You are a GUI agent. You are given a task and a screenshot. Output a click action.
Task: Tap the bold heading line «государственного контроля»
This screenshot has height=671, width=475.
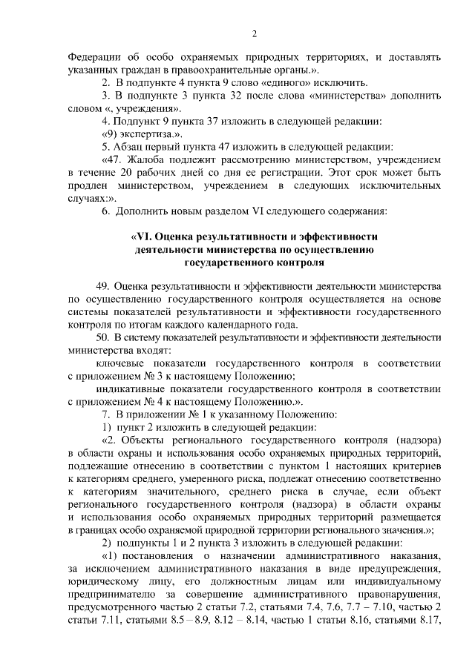pyautogui.click(x=254, y=262)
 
